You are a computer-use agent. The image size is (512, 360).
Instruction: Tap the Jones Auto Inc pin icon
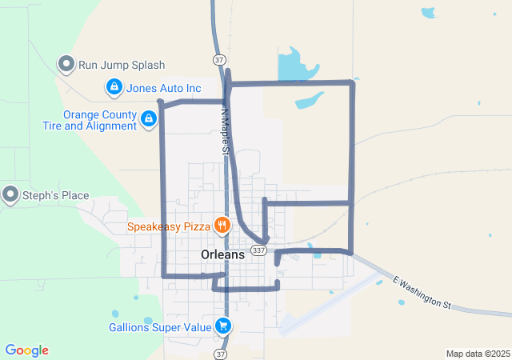(114, 87)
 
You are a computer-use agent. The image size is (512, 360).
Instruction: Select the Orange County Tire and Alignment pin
(148, 119)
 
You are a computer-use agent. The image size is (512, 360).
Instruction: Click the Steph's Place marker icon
(10, 194)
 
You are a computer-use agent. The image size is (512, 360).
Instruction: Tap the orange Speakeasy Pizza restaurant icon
(222, 226)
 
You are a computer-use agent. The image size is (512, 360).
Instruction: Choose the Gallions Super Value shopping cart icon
(223, 326)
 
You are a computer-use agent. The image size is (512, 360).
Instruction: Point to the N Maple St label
(226, 132)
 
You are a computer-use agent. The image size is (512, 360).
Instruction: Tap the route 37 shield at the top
(219, 60)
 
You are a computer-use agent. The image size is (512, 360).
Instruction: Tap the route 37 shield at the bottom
(221, 352)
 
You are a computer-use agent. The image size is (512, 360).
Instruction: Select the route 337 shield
(258, 250)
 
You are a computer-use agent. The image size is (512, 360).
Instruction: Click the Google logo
(26, 350)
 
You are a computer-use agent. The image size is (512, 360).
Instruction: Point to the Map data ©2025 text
(477, 354)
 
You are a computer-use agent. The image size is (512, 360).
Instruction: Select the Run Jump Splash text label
(122, 65)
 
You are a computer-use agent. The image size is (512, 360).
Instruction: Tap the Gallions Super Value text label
(160, 326)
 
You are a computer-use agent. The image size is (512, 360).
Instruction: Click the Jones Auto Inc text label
(164, 87)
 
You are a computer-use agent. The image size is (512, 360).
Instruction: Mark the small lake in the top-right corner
(430, 13)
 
